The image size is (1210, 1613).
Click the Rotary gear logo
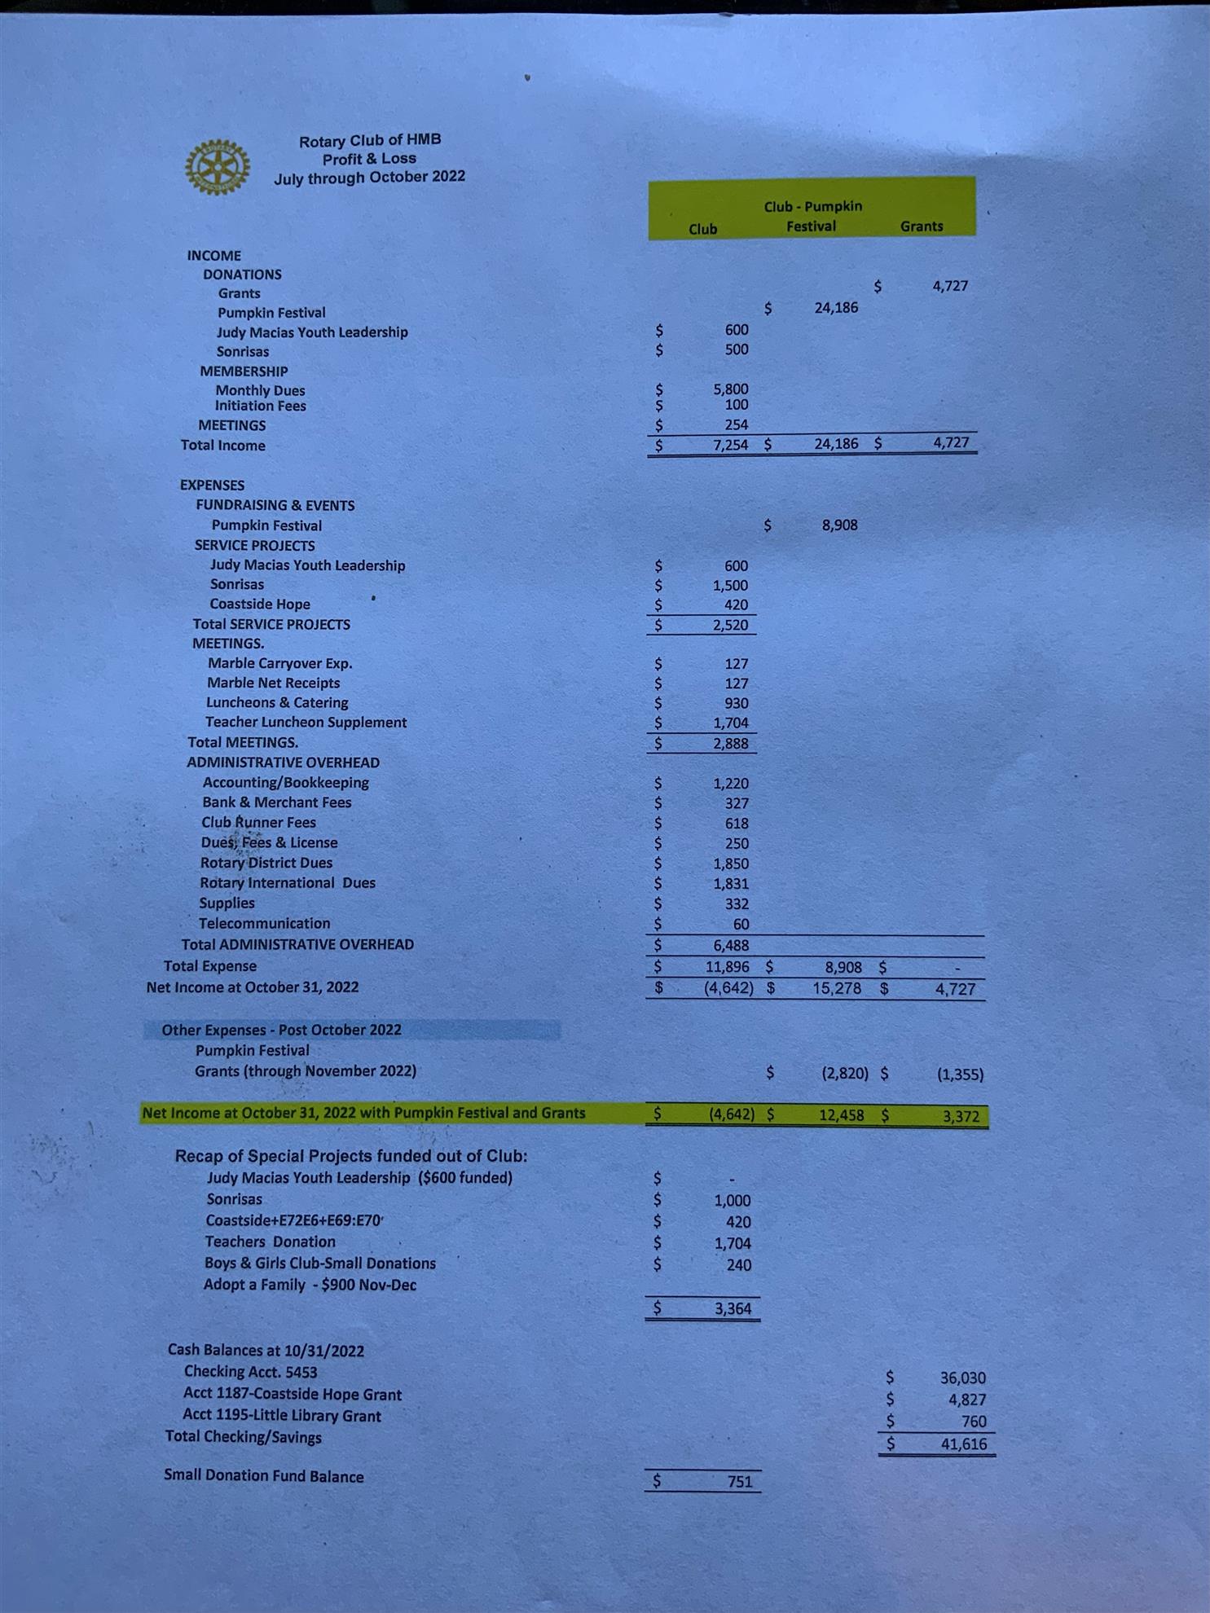pos(217,167)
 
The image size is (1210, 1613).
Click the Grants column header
pos(921,226)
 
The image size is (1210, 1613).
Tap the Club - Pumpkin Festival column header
pos(812,216)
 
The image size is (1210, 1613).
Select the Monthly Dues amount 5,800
pos(730,389)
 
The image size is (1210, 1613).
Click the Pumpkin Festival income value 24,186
pos(835,307)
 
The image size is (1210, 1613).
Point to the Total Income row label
pos(222,446)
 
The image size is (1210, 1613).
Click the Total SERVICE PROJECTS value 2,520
pos(730,625)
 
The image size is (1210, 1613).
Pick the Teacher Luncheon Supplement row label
pos(306,722)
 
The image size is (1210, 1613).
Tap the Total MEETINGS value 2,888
pos(730,743)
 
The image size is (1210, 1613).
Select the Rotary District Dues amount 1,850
pos(730,864)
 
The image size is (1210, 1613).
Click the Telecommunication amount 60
pos(740,924)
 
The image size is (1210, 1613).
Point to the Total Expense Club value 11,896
pos(727,967)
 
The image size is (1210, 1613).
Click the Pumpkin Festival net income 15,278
pos(836,988)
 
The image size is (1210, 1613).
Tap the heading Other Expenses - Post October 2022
pos(281,1030)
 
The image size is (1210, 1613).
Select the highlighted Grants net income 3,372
pos(961,1116)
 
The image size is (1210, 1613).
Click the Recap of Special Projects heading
pos(350,1156)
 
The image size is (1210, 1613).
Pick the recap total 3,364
pos(733,1308)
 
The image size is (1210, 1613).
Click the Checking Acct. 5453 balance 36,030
pos(962,1378)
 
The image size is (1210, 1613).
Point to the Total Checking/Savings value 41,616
pos(963,1444)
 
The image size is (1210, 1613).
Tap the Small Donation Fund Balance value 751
pos(739,1481)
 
